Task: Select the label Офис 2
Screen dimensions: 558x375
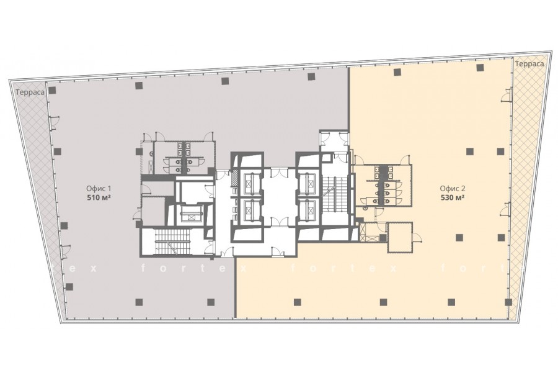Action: coord(453,189)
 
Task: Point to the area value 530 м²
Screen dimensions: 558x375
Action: coord(453,197)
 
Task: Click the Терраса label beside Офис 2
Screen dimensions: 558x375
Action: coord(529,64)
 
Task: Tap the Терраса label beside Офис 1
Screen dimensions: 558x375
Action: coord(30,93)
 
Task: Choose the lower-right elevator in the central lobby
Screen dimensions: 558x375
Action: coord(308,211)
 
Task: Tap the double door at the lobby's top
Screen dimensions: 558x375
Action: coord(280,172)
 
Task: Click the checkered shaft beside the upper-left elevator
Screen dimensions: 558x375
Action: coord(234,178)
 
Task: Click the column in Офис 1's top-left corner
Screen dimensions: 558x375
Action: coord(52,91)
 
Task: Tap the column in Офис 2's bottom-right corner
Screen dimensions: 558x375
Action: coord(508,302)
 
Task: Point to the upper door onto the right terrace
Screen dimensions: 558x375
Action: coord(507,96)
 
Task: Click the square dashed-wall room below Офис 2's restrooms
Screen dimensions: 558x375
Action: coord(400,237)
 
